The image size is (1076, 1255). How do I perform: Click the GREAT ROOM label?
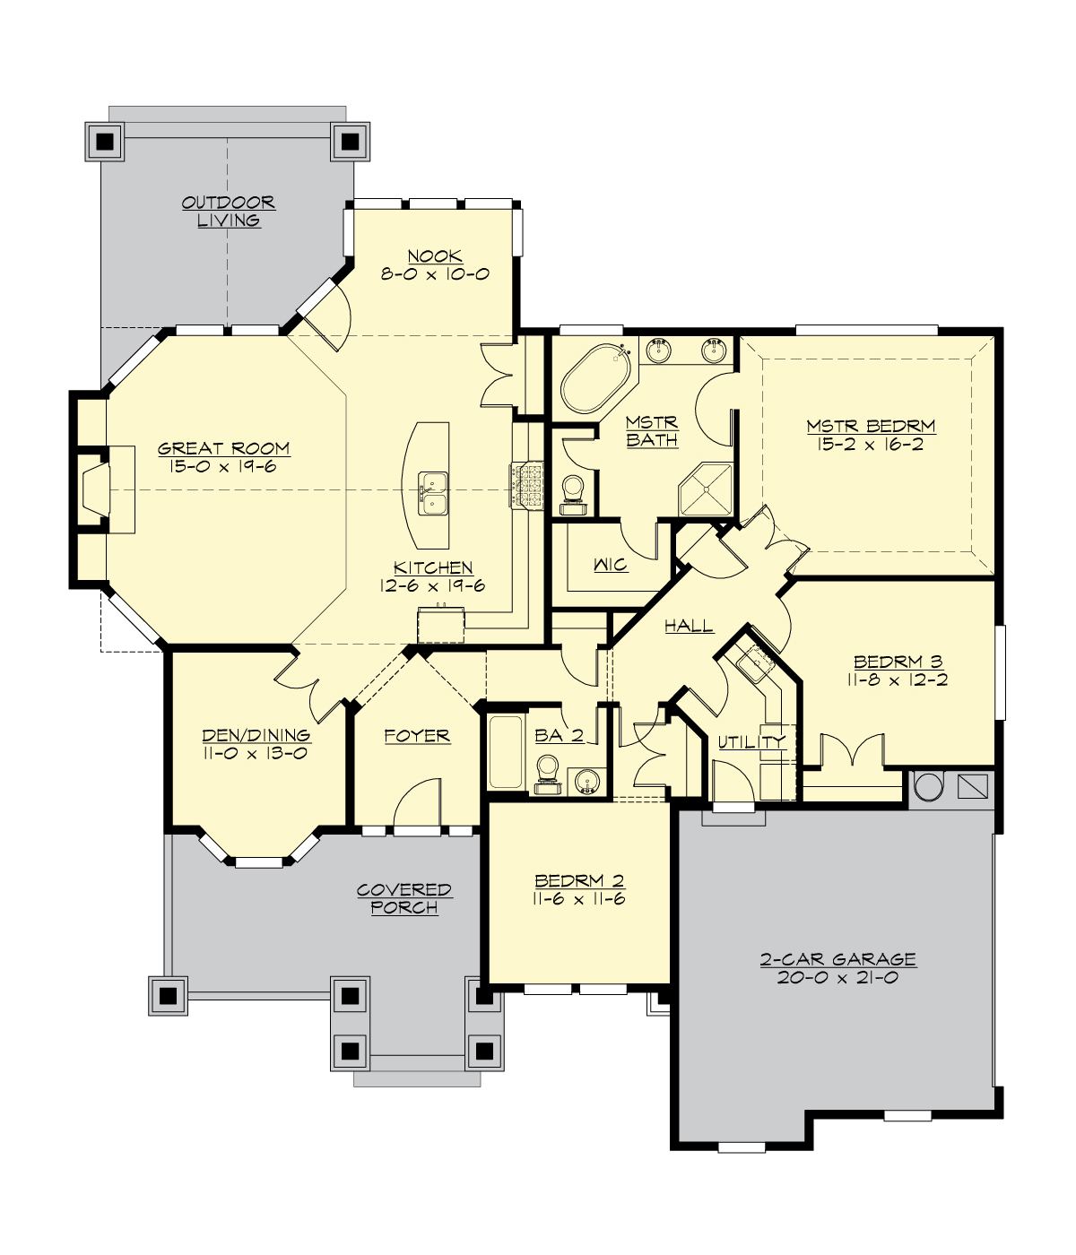pos(224,448)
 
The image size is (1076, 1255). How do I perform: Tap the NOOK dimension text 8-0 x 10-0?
pos(435,274)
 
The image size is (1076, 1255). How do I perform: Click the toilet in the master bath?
pos(573,491)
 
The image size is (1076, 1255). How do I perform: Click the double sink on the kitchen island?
pos(435,493)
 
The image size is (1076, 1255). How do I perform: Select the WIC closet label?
pos(611,565)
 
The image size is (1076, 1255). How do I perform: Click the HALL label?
pos(689,626)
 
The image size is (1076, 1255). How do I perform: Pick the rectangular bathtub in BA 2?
pos(507,752)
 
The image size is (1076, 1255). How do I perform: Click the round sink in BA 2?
pos(588,781)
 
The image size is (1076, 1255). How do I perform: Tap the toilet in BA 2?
pos(547,773)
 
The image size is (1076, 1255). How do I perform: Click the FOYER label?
pos(417,736)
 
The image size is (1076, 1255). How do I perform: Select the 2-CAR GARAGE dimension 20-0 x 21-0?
pos(837,978)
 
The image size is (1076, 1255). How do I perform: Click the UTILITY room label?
pos(751,741)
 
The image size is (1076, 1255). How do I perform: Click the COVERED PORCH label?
pos(404,898)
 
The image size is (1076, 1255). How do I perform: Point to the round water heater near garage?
pos(929,787)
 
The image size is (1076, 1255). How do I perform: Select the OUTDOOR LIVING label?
pos(229,212)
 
